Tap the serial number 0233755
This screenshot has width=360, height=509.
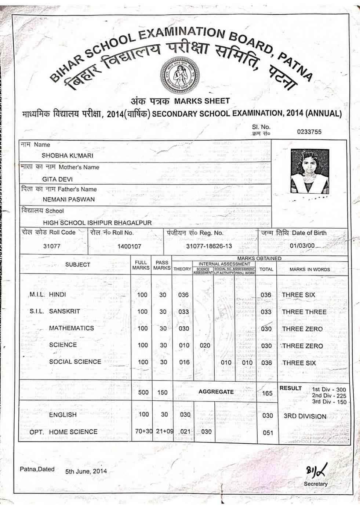tap(309, 132)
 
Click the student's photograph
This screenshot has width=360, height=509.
tap(310, 171)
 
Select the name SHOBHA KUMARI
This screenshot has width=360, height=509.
tap(68, 156)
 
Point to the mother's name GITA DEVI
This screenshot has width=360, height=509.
tap(57, 179)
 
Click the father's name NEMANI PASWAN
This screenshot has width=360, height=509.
tap(69, 199)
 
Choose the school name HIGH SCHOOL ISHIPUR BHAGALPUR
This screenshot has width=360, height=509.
tap(97, 223)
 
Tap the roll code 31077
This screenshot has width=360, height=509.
tap(52, 246)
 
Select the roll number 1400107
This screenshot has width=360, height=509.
tap(129, 246)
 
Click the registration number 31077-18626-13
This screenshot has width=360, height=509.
tap(209, 246)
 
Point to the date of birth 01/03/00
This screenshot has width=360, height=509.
tap(302, 246)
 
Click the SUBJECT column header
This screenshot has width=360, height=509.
tap(77, 265)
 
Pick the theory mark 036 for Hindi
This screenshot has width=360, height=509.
tap(183, 295)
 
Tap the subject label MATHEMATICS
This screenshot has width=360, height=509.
tap(72, 328)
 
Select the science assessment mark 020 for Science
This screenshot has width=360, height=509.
tap(205, 345)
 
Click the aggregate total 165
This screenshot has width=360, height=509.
tap(267, 393)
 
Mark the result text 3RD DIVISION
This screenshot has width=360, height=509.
tap(305, 416)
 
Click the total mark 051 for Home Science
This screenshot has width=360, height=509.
tap(268, 433)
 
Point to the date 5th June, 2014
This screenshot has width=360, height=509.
tap(86, 471)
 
